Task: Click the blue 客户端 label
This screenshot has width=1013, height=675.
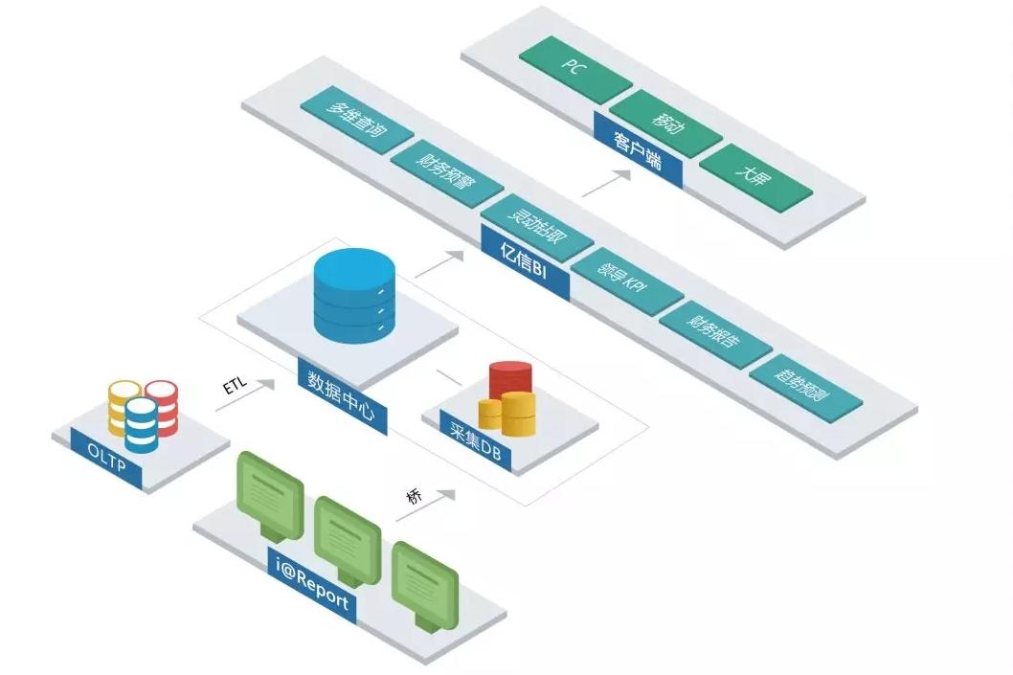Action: coord(638,151)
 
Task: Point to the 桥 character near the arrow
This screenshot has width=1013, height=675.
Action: coord(414,496)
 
